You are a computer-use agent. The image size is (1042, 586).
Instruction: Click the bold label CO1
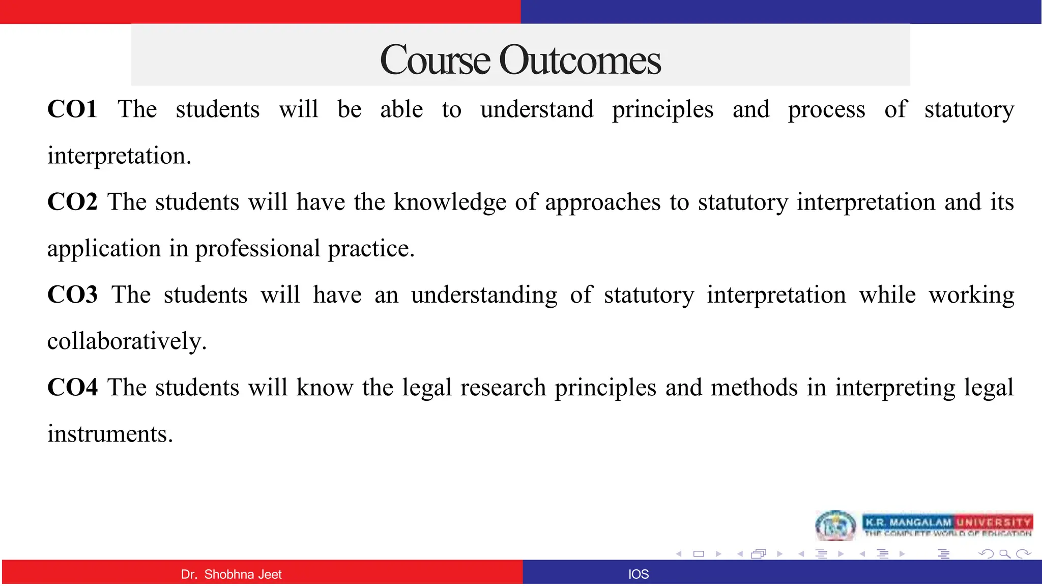coord(72,109)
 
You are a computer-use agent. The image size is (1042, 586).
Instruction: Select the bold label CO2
coord(72,202)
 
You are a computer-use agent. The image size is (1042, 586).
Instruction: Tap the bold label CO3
coord(72,295)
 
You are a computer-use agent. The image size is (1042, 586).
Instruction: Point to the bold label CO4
coord(72,388)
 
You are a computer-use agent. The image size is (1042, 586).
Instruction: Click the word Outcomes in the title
coord(580,60)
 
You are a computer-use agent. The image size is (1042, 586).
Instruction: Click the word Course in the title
coord(435,60)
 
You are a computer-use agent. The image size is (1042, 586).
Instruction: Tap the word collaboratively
coord(127,341)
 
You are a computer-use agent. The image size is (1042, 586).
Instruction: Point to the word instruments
coord(110,434)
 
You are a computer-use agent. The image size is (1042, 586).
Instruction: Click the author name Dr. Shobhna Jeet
coord(231,574)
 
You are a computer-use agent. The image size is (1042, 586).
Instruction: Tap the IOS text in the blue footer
coord(639,574)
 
